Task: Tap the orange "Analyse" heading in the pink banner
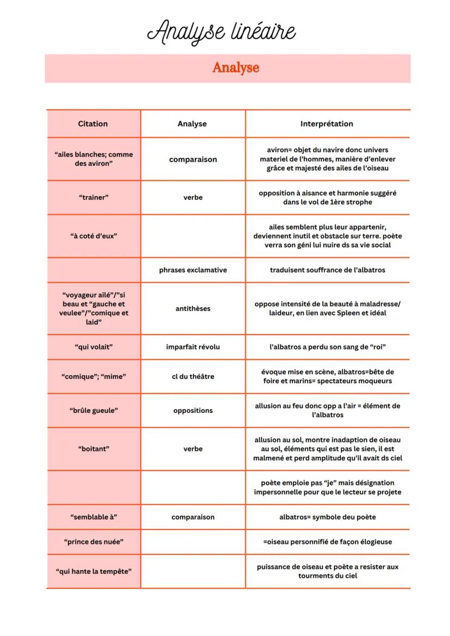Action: click(235, 68)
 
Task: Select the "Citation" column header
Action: click(93, 124)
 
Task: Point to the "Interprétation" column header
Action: click(327, 124)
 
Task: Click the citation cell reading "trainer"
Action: click(93, 197)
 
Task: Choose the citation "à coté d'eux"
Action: click(93, 236)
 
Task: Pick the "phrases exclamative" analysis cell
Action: click(193, 270)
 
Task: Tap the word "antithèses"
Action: click(193, 308)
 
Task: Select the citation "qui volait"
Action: click(93, 347)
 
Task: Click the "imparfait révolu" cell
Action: click(193, 347)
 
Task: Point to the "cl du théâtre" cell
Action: click(193, 376)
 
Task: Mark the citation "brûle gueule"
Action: click(93, 411)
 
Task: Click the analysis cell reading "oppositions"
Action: click(193, 411)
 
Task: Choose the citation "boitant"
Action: click(93, 449)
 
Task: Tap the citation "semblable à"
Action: click(93, 517)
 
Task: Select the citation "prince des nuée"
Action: click(93, 541)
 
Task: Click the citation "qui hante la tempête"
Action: click(93, 571)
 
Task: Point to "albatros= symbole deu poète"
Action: click(327, 517)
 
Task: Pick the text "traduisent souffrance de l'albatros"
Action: click(327, 270)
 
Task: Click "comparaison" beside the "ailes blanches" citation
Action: click(193, 160)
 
